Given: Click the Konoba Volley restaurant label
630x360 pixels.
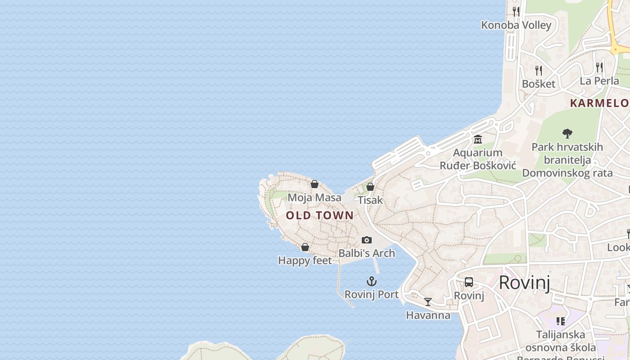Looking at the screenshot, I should pos(516,25).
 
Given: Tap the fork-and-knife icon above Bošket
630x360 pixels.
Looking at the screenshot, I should pos(538,70).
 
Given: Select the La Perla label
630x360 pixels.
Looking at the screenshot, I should pos(599,81).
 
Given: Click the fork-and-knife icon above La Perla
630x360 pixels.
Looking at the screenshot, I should pos(599,67).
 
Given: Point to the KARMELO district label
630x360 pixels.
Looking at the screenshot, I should pos(599,103).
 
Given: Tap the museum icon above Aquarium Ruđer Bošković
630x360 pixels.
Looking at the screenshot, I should pos(477,139).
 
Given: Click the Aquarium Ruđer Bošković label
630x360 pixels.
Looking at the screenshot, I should pos(477,159).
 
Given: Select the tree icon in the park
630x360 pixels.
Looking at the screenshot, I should pos(567,133).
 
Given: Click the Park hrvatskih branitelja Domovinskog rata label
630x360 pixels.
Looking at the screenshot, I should pos(567,160).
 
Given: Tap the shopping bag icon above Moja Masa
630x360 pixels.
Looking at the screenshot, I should pos(315,184).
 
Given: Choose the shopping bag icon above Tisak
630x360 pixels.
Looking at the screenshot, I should pos(370,187).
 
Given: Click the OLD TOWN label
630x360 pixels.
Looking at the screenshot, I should pos(320,215).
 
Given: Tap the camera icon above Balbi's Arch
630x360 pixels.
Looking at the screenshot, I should pos(367,240).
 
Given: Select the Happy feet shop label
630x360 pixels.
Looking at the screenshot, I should pos(305,261).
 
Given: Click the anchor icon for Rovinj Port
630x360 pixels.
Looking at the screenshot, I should pos(372,282).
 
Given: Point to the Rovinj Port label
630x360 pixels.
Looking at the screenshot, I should pos(372,294).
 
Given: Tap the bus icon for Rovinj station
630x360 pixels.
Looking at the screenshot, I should pos(469,282).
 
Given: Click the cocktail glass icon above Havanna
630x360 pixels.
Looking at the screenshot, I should pos(428,302).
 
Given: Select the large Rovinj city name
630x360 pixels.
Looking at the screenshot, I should pos(525,283).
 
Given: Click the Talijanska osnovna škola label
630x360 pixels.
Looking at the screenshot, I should pos(561,341).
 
